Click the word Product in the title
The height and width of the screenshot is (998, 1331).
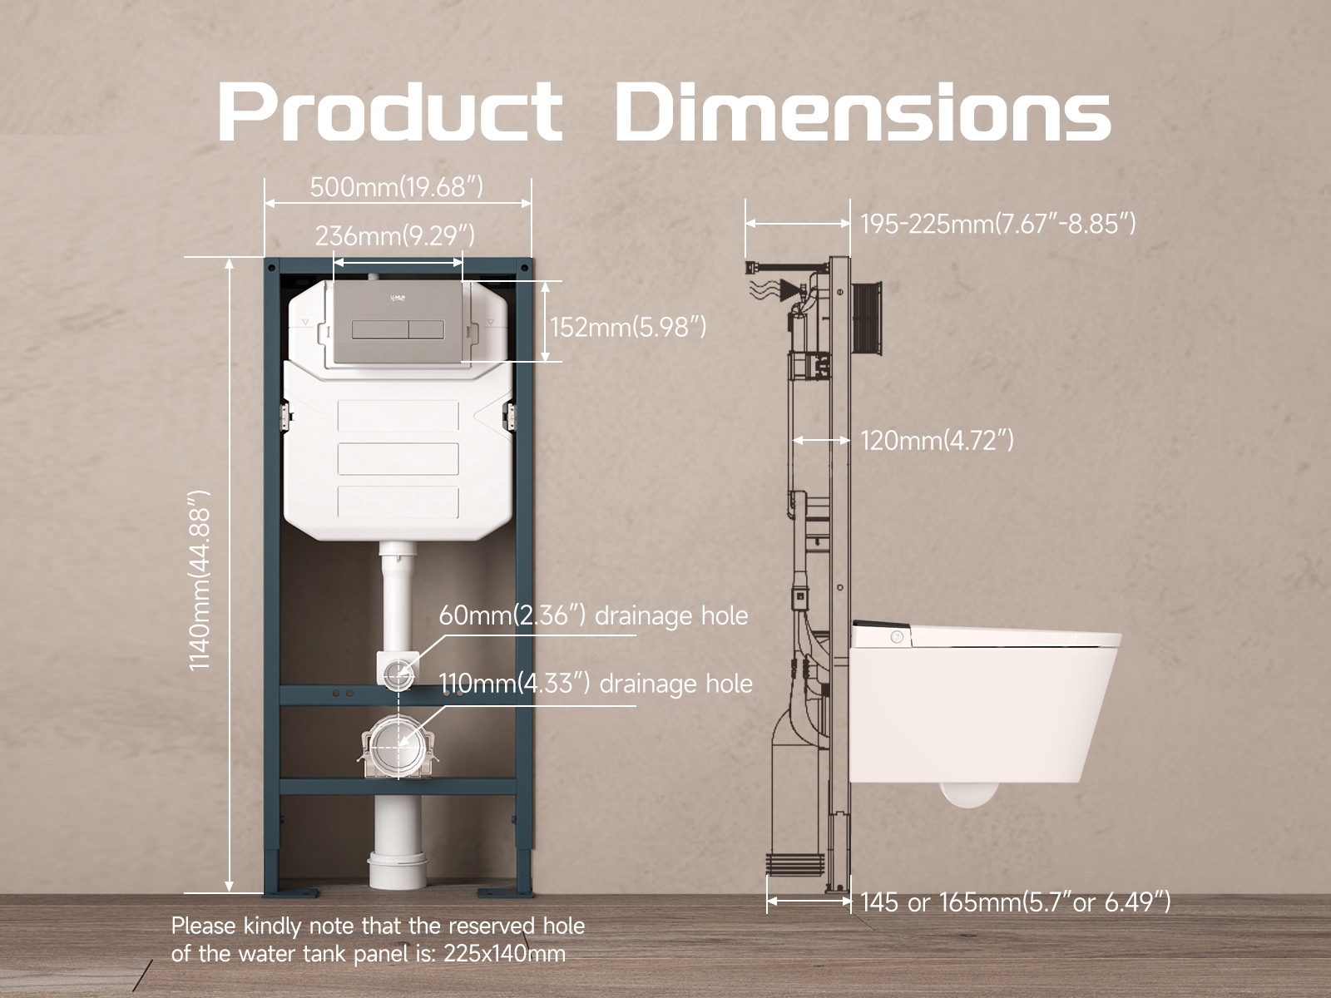coord(390,111)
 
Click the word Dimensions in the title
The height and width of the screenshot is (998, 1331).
coord(863,111)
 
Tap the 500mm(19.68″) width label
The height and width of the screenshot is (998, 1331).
coord(397,186)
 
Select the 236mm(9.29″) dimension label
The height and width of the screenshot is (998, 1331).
coord(395,235)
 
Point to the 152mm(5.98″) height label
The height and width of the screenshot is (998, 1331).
coord(628,327)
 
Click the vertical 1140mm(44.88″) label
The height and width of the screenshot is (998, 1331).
coord(200,580)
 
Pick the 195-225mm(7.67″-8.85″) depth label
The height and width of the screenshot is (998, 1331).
coord(998,224)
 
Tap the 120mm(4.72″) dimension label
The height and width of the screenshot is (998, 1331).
coord(937,441)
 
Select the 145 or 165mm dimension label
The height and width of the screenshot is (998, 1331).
coord(1015,902)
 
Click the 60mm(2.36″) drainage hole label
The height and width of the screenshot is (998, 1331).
coord(593,615)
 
